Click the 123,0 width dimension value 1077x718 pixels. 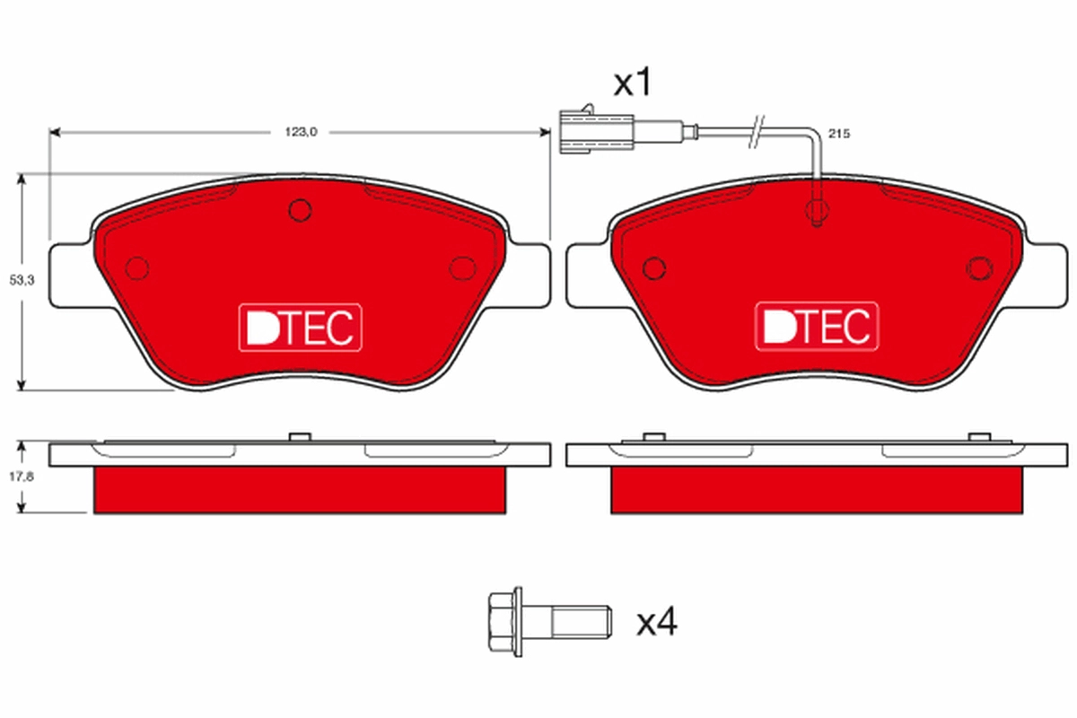[x=301, y=132]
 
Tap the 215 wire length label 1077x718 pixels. [x=838, y=133]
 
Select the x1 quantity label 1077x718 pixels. [x=631, y=84]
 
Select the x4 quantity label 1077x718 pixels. [x=656, y=622]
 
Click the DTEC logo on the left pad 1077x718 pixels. [x=301, y=328]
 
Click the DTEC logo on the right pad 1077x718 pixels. [x=817, y=328]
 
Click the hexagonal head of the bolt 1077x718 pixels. [x=504, y=621]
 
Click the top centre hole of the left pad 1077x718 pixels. [x=300, y=211]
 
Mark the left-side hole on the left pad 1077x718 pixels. [x=137, y=267]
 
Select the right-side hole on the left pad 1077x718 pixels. [x=462, y=267]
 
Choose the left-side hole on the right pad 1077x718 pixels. [x=654, y=267]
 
